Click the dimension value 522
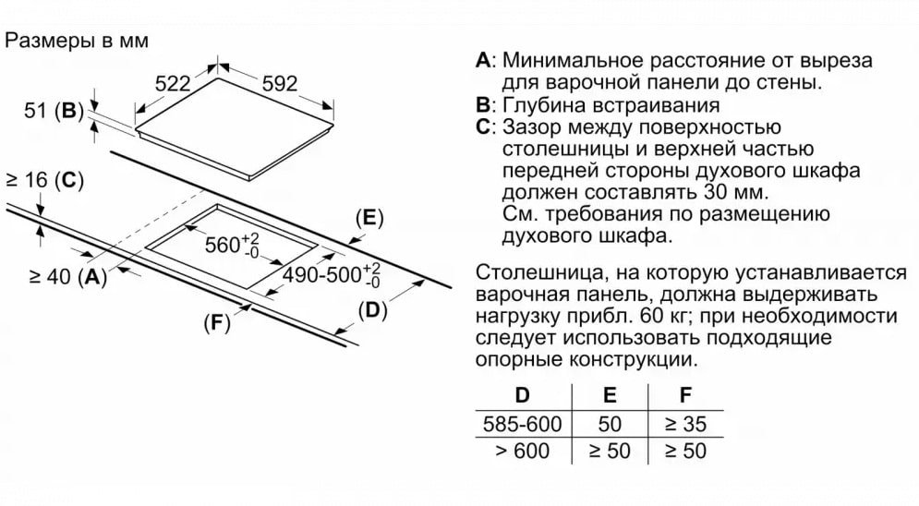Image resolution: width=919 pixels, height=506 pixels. tap(173, 84)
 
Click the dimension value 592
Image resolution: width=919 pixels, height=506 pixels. tap(280, 84)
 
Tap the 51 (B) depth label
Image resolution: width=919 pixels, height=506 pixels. tap(54, 110)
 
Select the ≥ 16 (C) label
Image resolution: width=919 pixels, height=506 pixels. tap(44, 180)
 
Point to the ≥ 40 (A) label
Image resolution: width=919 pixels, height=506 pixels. tap(68, 276)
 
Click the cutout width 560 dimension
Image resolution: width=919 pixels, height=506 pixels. tap(232, 245)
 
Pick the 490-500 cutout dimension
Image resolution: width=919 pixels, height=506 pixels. tap(332, 274)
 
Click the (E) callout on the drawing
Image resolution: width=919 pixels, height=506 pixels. tap(369, 218)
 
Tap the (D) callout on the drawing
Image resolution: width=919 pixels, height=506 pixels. tap(373, 310)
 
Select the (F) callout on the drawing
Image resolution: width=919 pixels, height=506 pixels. tap(217, 322)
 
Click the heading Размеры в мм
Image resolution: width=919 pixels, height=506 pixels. tap(76, 41)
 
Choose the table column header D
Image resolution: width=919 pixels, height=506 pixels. tap(522, 395)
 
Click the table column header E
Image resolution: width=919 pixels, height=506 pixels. tap(610, 395)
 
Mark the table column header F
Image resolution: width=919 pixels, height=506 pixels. tap(685, 395)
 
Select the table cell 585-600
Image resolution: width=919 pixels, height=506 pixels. tap(522, 424)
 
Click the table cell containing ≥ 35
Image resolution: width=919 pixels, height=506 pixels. tap(685, 424)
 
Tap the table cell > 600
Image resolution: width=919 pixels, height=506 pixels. tap(522, 451)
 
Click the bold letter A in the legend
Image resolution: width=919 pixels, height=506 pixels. tap(482, 60)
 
